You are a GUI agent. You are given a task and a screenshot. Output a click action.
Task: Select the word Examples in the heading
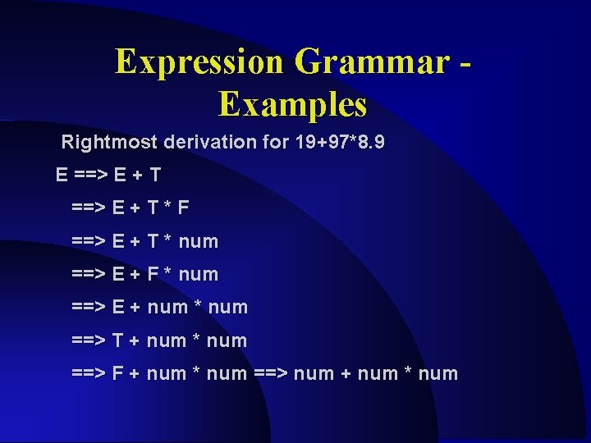pos(292,105)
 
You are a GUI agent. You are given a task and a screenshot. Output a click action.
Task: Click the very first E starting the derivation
pos(62,175)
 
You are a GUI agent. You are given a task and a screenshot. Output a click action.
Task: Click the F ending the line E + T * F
pos(183,208)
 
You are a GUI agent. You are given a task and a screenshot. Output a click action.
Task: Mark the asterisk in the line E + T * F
pos(166,208)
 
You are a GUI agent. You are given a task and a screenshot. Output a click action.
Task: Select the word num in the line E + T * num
pos(198,241)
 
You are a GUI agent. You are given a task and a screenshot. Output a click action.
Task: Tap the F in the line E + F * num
pos(153,274)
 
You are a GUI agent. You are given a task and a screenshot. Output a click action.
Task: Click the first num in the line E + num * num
pos(167,308)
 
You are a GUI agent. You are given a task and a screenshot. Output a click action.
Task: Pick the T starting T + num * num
pos(118,340)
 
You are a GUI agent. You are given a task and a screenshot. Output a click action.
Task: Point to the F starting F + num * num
pos(118,374)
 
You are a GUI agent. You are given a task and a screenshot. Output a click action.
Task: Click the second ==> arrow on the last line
pos(271,374)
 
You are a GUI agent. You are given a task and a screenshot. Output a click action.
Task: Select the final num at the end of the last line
pos(438,374)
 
